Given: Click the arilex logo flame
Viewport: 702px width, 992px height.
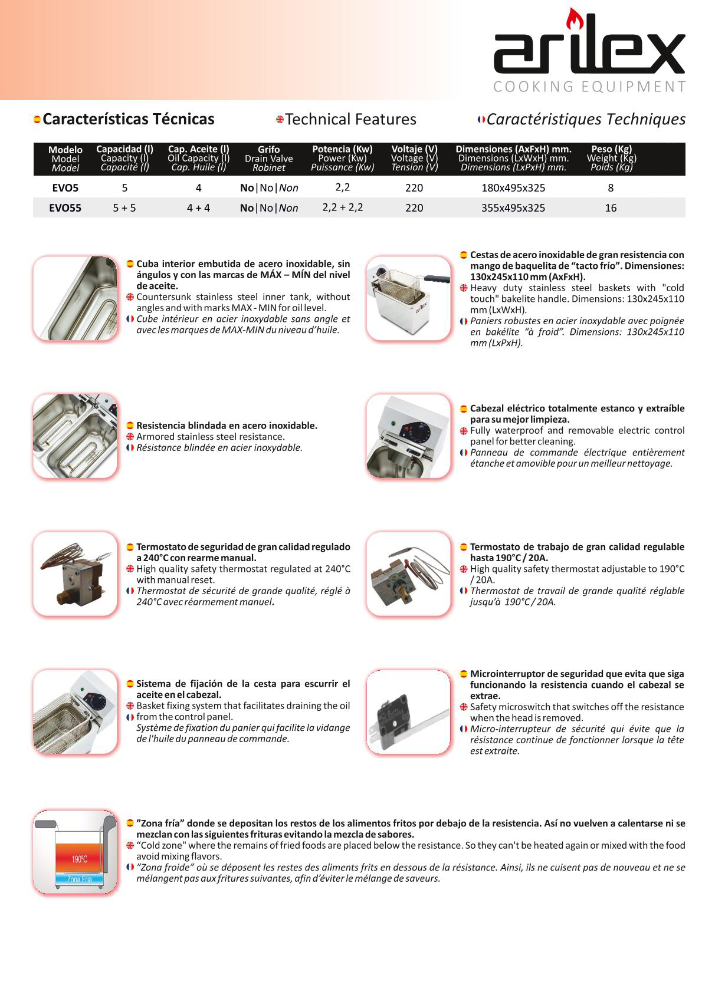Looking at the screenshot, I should [x=572, y=20].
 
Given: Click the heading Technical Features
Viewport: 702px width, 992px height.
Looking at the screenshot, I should [x=350, y=119].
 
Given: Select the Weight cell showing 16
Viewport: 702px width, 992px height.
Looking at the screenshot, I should [x=611, y=207].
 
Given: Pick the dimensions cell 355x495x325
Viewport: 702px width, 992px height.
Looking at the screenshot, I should [x=513, y=207].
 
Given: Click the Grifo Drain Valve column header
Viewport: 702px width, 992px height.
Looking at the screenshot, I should [x=268, y=158].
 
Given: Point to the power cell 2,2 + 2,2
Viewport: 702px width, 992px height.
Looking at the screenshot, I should [x=342, y=207].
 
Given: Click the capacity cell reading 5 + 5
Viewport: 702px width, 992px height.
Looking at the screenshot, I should [x=124, y=207].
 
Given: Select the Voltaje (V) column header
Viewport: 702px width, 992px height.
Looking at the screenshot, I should [x=414, y=158].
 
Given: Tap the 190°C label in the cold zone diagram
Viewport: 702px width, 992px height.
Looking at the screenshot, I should [x=79, y=859].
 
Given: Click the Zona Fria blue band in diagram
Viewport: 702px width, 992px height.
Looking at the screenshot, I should [x=79, y=879].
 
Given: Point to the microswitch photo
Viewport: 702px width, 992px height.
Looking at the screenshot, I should [x=408, y=712].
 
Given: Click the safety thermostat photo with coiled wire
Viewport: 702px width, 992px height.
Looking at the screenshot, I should [x=75, y=574].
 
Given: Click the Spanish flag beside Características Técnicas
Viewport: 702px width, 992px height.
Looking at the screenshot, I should [x=37, y=120].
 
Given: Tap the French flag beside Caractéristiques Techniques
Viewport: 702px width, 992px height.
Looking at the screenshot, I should [x=481, y=120].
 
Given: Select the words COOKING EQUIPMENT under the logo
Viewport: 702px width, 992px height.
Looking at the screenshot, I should [x=589, y=87].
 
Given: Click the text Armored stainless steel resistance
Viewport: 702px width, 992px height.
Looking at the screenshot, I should [x=210, y=437].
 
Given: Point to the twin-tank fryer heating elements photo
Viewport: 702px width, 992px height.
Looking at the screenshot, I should [x=75, y=436].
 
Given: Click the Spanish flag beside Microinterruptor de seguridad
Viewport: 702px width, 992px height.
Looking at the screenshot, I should [x=464, y=674].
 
